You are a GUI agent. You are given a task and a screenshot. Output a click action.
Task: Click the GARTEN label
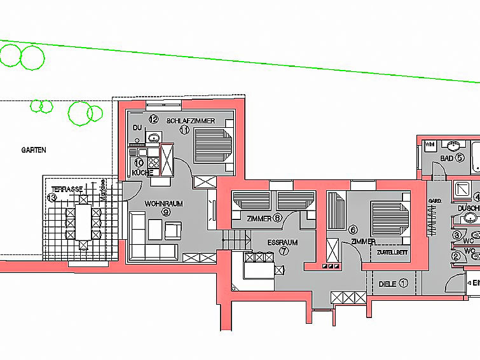(34, 150)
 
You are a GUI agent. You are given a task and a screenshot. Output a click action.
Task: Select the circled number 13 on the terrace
(52, 197)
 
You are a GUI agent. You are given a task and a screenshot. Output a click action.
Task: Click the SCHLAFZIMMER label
(191, 121)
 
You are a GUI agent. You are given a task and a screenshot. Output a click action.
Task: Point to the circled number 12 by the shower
(153, 119)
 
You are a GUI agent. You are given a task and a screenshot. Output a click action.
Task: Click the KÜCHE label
(141, 172)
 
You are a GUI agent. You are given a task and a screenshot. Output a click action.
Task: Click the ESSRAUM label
(283, 242)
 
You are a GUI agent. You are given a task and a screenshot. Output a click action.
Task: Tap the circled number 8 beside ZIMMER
(277, 218)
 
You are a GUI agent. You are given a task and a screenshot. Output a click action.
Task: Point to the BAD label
(446, 158)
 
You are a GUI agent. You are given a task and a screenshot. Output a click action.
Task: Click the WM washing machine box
(429, 144)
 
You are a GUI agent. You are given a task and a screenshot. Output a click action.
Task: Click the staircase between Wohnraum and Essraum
(233, 240)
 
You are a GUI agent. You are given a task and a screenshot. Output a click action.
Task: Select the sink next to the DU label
(153, 137)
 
